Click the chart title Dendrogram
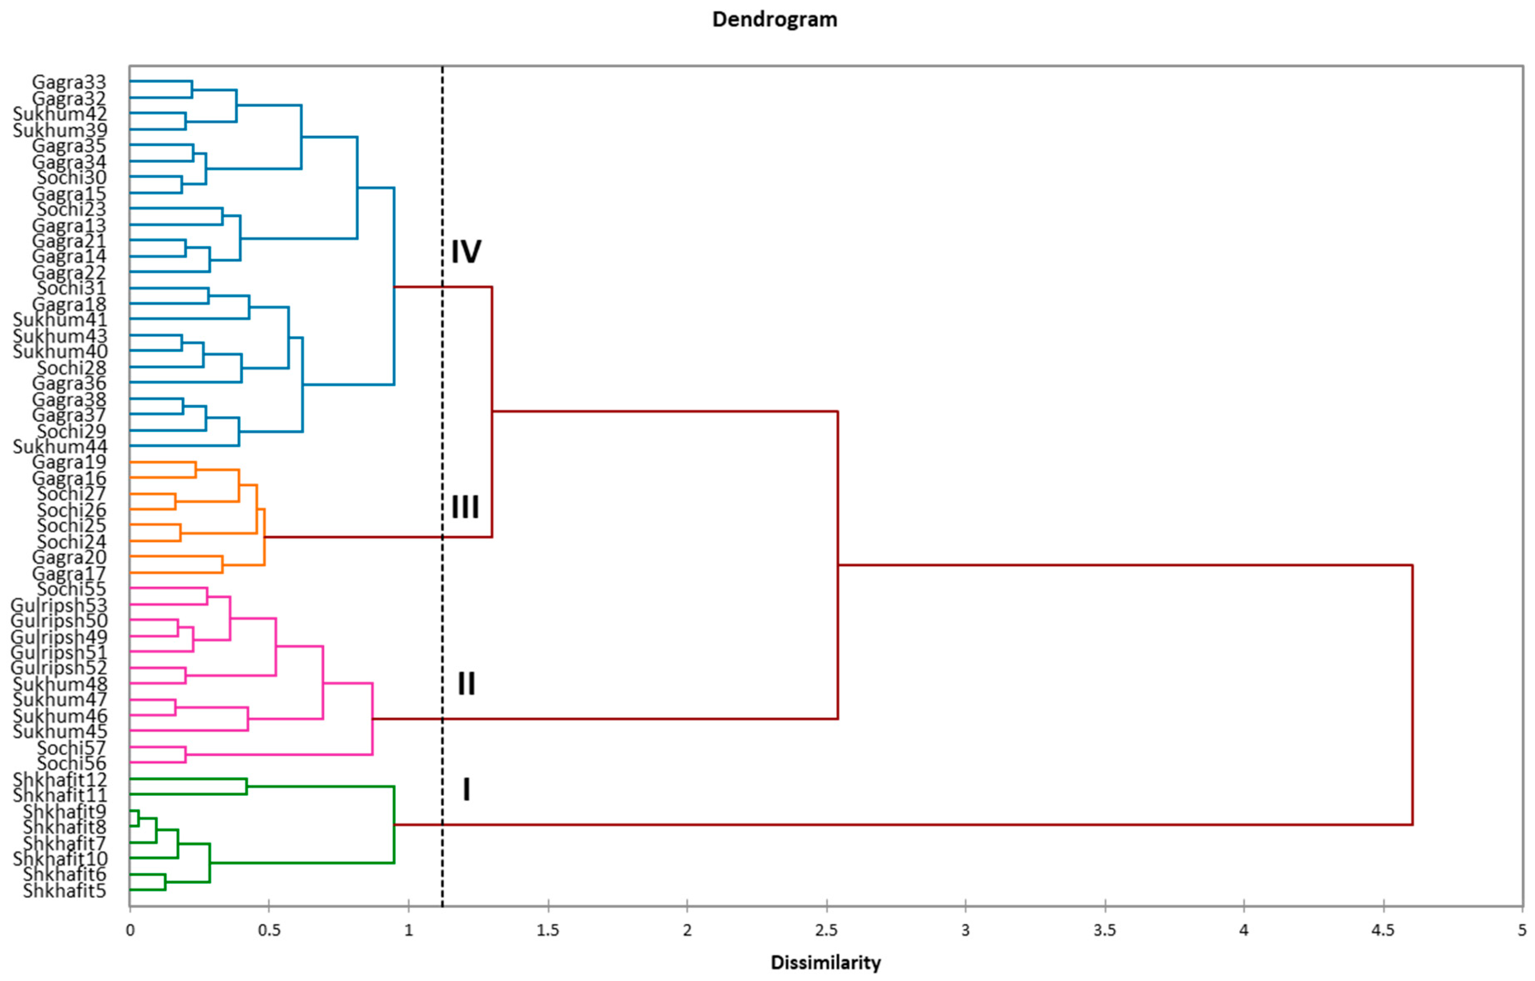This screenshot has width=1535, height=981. pyautogui.click(x=774, y=20)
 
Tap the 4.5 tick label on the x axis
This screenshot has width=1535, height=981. pyautogui.click(x=1383, y=931)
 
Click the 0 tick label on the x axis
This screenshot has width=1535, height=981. pyautogui.click(x=130, y=931)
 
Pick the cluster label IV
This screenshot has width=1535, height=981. pyautogui.click(x=466, y=252)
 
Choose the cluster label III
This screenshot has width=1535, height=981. pyautogui.click(x=465, y=507)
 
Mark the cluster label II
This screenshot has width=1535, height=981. pyautogui.click(x=466, y=683)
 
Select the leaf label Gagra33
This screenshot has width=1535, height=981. pyautogui.click(x=69, y=82)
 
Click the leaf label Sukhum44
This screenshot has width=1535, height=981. pyautogui.click(x=60, y=446)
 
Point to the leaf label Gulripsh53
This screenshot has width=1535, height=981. pyautogui.click(x=59, y=604)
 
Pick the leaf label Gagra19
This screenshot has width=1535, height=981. pyautogui.click(x=69, y=461)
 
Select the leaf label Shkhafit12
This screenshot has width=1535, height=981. pyautogui.click(x=60, y=779)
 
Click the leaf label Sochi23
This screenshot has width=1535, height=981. pyautogui.click(x=71, y=209)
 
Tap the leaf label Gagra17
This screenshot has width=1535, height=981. pyautogui.click(x=69, y=573)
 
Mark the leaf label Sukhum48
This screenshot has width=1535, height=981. pyautogui.click(x=60, y=684)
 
